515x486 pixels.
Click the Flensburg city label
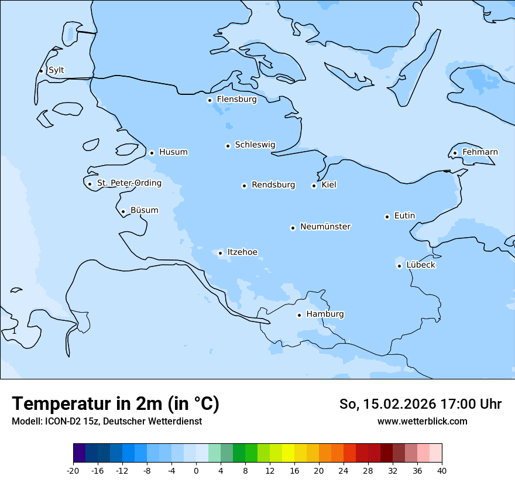pyautogui.click(x=236, y=100)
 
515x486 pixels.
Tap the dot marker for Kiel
pyautogui.click(x=314, y=186)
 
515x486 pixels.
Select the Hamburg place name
pyautogui.click(x=325, y=314)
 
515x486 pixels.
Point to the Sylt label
pyautogui.click(x=56, y=70)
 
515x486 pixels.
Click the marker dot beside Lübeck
pyautogui.click(x=400, y=266)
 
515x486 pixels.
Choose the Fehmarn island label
pyautogui.click(x=480, y=152)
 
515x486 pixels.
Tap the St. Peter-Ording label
pyautogui.click(x=129, y=183)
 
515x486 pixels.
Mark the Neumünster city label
pyautogui.click(x=325, y=227)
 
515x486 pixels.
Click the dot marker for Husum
pyautogui.click(x=152, y=153)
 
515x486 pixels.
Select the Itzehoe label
pyautogui.click(x=242, y=252)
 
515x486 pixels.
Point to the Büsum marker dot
pyautogui.click(x=123, y=211)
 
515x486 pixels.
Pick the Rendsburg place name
pyautogui.click(x=273, y=185)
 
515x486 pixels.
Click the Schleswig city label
pyautogui.click(x=255, y=145)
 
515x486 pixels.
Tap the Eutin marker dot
pyautogui.click(x=387, y=217)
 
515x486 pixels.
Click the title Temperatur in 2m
pyautogui.click(x=115, y=403)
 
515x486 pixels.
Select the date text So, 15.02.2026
pyautogui.click(x=390, y=404)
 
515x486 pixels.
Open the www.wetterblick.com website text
pyautogui.click(x=422, y=421)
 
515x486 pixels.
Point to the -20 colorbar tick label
pyautogui.click(x=73, y=470)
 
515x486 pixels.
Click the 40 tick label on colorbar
pyautogui.click(x=442, y=470)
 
